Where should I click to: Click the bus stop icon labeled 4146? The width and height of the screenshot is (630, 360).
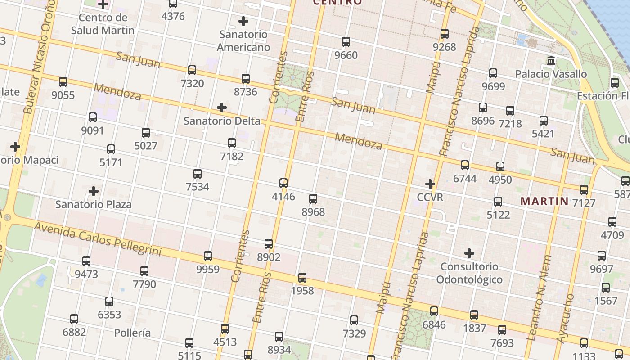pyautogui.click(x=283, y=183)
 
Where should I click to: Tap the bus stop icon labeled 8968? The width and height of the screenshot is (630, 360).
pyautogui.click(x=313, y=198)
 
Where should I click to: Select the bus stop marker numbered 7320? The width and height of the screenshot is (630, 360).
pyautogui.click(x=192, y=70)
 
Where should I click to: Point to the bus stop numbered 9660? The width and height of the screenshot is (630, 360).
pyautogui.click(x=346, y=42)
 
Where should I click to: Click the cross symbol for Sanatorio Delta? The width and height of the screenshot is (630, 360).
pyautogui.click(x=221, y=108)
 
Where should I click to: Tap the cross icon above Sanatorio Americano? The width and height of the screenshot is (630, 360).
pyautogui.click(x=243, y=21)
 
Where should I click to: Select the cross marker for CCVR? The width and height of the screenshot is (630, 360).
pyautogui.click(x=430, y=184)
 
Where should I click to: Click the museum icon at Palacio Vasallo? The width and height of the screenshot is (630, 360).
pyautogui.click(x=551, y=60)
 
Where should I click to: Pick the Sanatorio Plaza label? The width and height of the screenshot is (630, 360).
pyautogui.click(x=94, y=204)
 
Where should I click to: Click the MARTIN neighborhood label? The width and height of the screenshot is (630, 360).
pyautogui.click(x=544, y=201)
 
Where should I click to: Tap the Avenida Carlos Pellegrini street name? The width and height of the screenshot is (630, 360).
pyautogui.click(x=98, y=238)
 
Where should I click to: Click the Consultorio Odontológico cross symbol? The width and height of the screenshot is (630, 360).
pyautogui.click(x=469, y=253)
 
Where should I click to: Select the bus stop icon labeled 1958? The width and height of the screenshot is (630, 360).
pyautogui.click(x=302, y=278)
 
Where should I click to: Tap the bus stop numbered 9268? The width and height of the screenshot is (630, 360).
pyautogui.click(x=445, y=34)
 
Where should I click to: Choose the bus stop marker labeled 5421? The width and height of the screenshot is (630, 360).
pyautogui.click(x=544, y=121)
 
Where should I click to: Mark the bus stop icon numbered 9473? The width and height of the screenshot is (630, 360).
pyautogui.click(x=86, y=261)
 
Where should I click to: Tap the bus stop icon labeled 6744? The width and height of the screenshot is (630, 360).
pyautogui.click(x=465, y=165)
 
